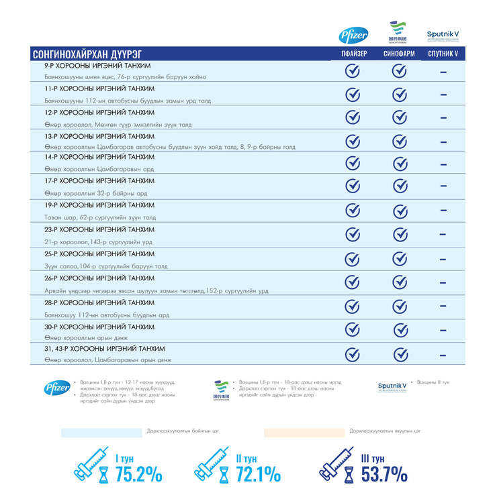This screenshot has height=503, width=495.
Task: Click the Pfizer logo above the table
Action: (x=353, y=35)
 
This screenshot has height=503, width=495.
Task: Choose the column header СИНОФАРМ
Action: (x=399, y=54)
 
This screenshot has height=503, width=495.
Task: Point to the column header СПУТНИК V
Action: (x=443, y=54)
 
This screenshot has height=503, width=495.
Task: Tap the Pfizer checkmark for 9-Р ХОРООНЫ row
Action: (x=353, y=71)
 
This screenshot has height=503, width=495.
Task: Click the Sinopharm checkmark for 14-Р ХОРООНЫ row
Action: (x=400, y=164)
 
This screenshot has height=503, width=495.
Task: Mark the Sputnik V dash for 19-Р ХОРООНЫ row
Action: (x=443, y=210)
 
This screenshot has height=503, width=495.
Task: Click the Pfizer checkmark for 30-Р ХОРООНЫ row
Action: (x=353, y=329)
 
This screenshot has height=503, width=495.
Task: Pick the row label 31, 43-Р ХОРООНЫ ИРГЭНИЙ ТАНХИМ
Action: (x=104, y=349)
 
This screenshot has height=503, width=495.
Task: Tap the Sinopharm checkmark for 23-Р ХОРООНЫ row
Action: (x=400, y=234)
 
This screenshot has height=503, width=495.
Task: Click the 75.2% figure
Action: (x=138, y=474)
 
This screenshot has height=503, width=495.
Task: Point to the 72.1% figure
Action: (x=258, y=474)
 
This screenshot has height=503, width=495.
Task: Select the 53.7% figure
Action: (x=384, y=474)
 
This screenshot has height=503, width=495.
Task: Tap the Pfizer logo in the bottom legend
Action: (x=54, y=388)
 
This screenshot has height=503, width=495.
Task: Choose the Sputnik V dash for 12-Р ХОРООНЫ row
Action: (x=443, y=117)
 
